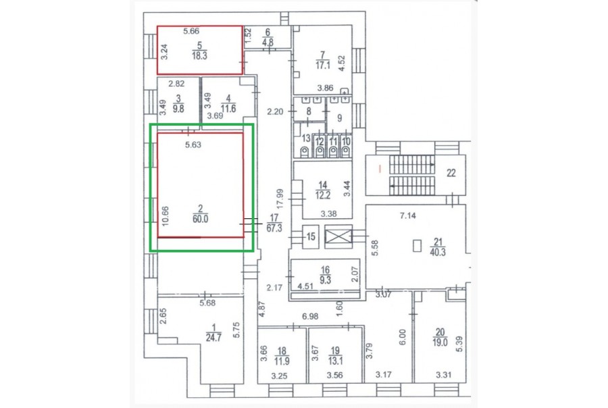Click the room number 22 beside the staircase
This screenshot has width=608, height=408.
pyautogui.click(x=451, y=173)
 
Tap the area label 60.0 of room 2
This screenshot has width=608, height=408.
pyautogui.click(x=200, y=219)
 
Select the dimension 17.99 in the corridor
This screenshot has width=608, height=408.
pyautogui.click(x=280, y=199)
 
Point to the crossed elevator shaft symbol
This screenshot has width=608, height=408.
pyautogui.click(x=338, y=236)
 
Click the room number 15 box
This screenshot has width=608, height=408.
pyautogui.click(x=311, y=236)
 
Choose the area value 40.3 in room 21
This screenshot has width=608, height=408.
pyautogui.click(x=438, y=252)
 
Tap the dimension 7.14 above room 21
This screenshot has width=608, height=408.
pyautogui.click(x=408, y=215)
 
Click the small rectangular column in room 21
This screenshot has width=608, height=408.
pyautogui.click(x=417, y=246)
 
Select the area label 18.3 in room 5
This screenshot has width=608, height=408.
pyautogui.click(x=199, y=55)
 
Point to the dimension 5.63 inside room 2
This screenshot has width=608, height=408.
pyautogui.click(x=193, y=145)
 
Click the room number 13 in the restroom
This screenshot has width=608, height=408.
pyautogui.click(x=306, y=138)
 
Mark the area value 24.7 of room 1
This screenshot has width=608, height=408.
pyautogui.click(x=213, y=338)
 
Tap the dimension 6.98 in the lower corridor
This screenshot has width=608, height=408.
pyautogui.click(x=310, y=317)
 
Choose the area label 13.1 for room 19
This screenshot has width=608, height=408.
pyautogui.click(x=335, y=361)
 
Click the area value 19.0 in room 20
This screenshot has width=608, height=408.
pyautogui.click(x=440, y=342)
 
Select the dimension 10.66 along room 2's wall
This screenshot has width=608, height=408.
pyautogui.click(x=166, y=216)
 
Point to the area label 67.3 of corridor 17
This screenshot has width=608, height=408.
pyautogui.click(x=274, y=228)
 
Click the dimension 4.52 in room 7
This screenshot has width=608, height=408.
pyautogui.click(x=342, y=63)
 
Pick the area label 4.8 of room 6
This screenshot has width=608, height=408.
pyautogui.click(x=268, y=41)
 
